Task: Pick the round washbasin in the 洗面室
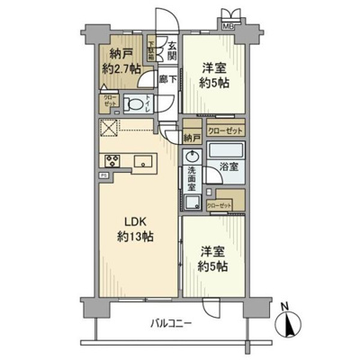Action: (191, 156)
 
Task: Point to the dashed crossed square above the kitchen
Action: (109, 130)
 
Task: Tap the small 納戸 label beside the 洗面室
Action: (191, 138)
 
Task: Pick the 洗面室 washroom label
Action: (193, 184)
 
